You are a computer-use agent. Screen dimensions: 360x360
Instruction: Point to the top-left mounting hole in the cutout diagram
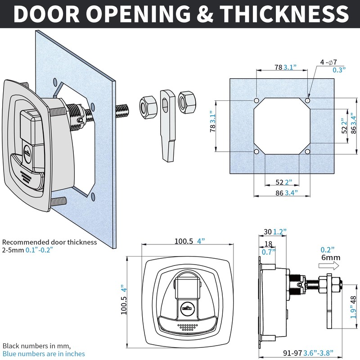256,100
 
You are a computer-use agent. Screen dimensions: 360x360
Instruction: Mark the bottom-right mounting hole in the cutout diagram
307,152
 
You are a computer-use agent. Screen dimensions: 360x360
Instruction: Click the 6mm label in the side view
330,258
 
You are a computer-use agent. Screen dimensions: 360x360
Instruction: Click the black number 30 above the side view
268,232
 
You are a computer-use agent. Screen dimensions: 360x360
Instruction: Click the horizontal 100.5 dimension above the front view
184,241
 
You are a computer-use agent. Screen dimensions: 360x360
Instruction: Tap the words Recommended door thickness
49,242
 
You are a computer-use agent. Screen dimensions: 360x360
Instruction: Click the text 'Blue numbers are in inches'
44,354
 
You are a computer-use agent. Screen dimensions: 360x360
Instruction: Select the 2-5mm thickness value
13,250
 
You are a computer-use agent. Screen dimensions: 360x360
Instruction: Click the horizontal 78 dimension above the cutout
279,67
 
